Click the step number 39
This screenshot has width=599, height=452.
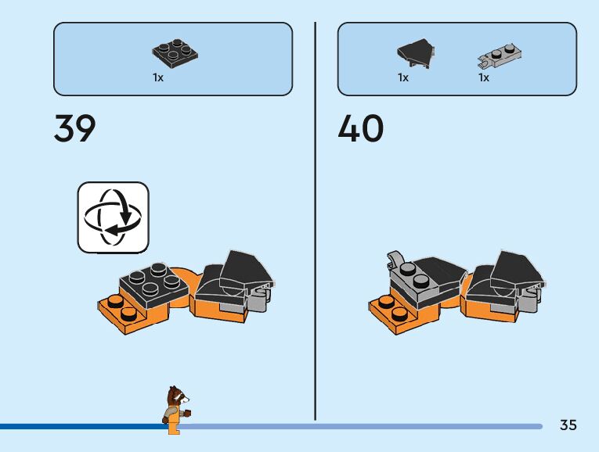75,128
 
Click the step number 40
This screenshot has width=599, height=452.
360,128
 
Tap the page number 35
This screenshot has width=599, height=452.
568,425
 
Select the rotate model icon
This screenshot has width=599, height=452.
113,217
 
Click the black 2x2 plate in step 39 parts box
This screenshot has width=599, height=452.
175,54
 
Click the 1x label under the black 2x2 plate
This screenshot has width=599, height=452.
158,78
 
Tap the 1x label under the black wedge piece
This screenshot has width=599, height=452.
403,78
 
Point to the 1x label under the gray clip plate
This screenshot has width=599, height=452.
484,78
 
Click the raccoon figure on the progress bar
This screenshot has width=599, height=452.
176,408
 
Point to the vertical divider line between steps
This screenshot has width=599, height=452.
316,219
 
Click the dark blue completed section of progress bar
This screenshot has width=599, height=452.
78,426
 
